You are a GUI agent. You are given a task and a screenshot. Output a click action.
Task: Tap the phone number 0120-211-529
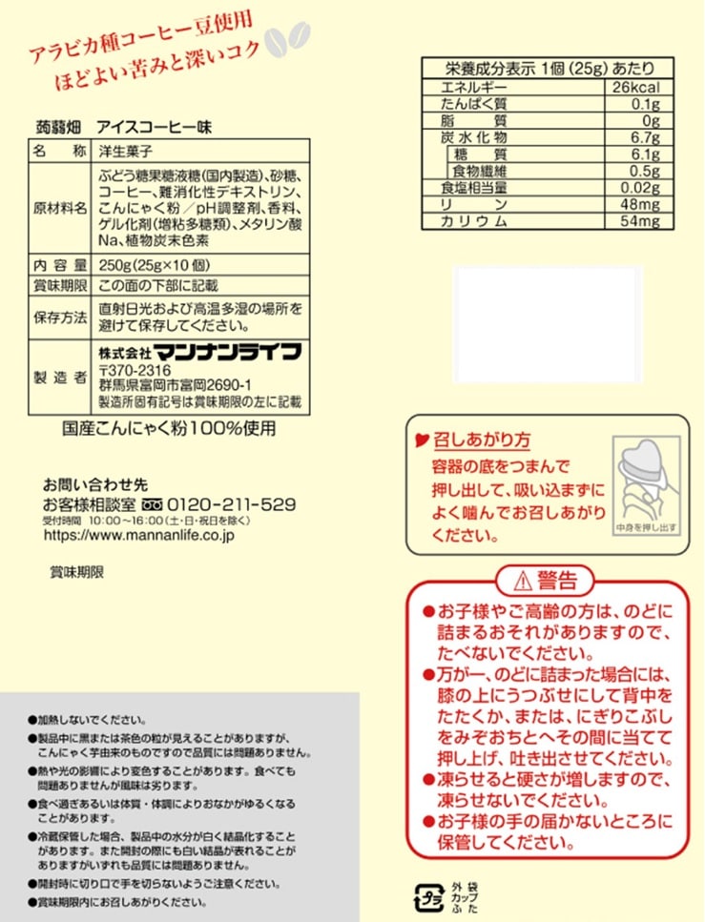232,503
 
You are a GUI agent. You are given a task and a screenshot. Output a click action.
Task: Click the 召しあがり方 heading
482,440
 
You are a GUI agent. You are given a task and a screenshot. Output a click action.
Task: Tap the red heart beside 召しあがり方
421,441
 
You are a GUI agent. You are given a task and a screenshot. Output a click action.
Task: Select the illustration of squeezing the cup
645,482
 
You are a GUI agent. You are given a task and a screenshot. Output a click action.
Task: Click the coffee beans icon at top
287,40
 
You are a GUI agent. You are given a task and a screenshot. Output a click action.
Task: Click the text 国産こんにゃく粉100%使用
169,427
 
